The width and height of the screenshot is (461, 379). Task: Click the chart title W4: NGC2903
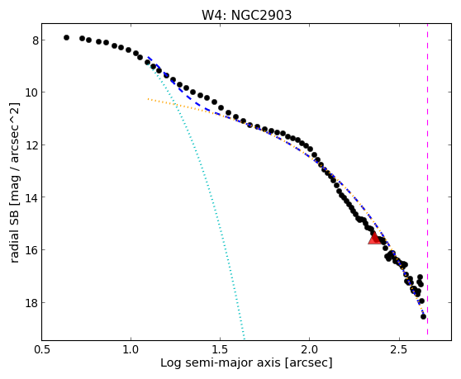tap(246, 16)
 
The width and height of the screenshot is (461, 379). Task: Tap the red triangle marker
tap(374, 238)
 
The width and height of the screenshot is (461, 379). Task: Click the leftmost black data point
tap(66, 38)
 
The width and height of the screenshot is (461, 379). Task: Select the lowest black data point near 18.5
tap(423, 317)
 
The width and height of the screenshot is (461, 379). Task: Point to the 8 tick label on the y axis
tap(36, 40)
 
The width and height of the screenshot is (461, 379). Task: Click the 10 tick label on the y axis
tap(32, 92)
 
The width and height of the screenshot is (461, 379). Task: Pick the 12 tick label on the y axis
tap(32, 145)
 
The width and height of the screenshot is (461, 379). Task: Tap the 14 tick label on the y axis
tap(32, 197)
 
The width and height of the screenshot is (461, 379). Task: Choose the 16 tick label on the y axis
tap(32, 250)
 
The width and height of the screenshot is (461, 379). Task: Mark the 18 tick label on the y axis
tap(32, 303)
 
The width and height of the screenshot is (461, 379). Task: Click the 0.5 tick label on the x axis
tap(42, 349)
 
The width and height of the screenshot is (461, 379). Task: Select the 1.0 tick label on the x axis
tap(131, 349)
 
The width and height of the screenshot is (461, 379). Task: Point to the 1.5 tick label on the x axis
tap(221, 349)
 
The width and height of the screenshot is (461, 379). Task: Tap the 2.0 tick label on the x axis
tap(310, 349)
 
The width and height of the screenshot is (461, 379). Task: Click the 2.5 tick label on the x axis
tap(399, 349)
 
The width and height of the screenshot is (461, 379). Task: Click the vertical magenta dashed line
tap(427, 179)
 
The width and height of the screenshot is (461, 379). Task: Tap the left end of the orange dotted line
tap(148, 99)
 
